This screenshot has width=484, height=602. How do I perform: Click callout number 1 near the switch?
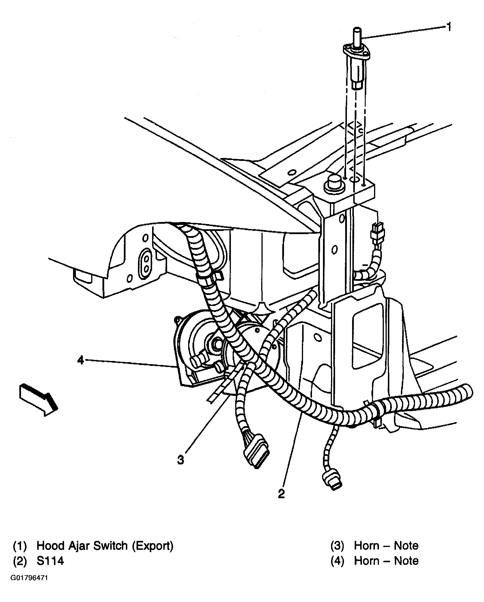point(449,27)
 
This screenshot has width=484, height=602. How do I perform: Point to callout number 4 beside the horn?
point(81,360)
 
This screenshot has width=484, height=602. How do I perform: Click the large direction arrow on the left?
point(38,399)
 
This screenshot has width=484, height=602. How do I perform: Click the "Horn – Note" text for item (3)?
point(386,546)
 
